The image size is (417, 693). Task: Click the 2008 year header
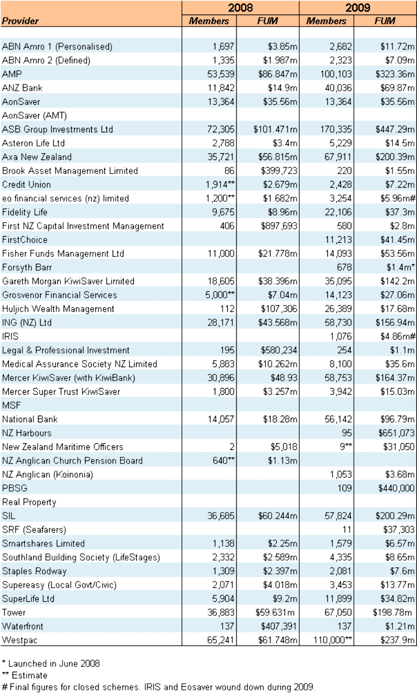pyautogui.click(x=240, y=7)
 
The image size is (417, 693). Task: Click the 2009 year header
pyautogui.click(x=358, y=7)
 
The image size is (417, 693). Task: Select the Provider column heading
pyautogui.click(x=20, y=21)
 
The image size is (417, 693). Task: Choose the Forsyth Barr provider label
pyautogui.click(x=26, y=268)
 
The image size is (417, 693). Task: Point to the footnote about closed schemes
pyautogui.click(x=158, y=687)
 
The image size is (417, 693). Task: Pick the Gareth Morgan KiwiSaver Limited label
pyautogui.click(x=68, y=281)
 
